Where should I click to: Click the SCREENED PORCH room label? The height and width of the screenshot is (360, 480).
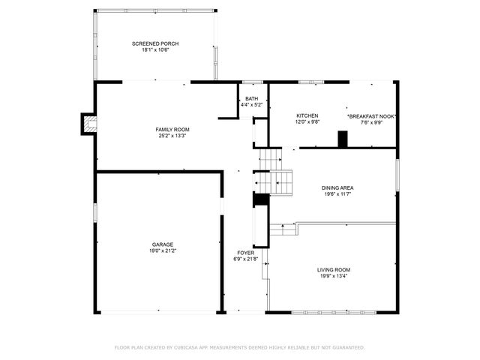[x=155, y=43]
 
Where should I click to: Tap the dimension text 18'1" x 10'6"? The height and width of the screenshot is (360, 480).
[x=155, y=50]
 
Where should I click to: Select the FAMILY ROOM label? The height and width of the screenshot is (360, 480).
[x=172, y=130]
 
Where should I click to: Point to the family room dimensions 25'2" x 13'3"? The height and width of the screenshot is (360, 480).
[x=172, y=136]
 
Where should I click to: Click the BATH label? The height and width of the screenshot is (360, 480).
[x=251, y=98]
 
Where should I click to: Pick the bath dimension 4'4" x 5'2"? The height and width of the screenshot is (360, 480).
[x=251, y=105]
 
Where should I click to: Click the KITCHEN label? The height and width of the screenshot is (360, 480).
[x=307, y=115]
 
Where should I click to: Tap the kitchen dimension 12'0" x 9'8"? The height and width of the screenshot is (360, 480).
[x=307, y=122]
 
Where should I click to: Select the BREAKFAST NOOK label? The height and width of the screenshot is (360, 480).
[x=371, y=117]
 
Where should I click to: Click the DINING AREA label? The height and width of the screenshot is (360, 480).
[x=337, y=187]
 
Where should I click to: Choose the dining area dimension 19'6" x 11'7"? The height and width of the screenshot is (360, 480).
[x=337, y=194]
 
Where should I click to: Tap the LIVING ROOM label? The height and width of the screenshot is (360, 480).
[x=333, y=269]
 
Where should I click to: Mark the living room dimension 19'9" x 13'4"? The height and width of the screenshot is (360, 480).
[x=333, y=276]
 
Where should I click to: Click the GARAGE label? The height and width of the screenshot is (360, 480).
[x=163, y=244]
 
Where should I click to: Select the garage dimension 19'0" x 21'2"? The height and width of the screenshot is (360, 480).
[x=163, y=251]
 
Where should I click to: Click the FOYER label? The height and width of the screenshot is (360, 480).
[x=245, y=253]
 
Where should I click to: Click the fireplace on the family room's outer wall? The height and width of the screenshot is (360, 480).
[x=88, y=124]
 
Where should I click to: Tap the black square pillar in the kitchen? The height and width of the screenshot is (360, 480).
[x=343, y=139]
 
